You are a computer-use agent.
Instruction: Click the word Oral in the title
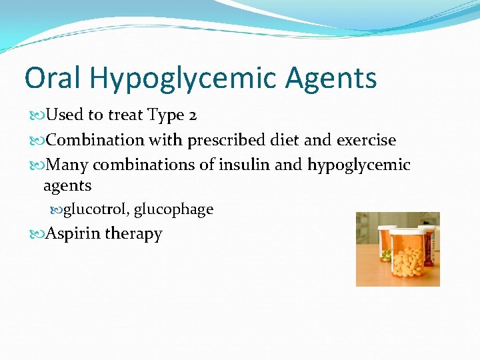point(53,78)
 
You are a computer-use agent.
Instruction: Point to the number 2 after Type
point(192,115)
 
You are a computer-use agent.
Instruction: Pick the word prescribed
point(229,141)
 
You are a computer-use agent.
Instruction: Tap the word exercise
point(366,141)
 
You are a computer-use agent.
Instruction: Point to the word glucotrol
point(96,209)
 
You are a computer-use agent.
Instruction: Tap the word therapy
point(133,235)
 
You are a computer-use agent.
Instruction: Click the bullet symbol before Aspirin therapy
point(36,234)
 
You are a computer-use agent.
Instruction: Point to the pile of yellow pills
point(407,264)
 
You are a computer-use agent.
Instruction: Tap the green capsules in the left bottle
point(385,254)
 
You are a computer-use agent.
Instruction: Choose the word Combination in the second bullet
point(95,141)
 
